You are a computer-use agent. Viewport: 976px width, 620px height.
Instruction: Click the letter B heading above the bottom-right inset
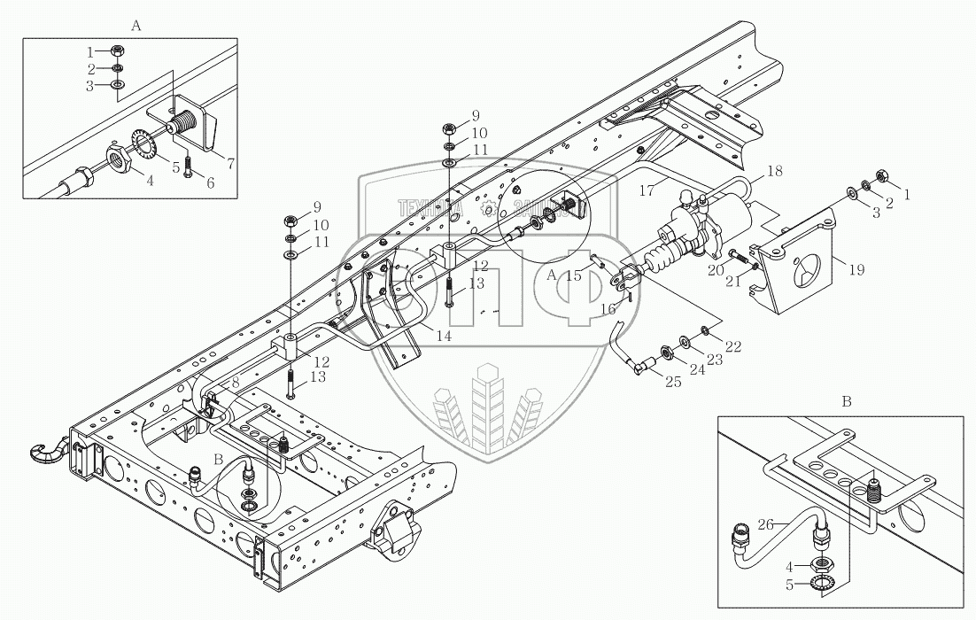coord(846,401)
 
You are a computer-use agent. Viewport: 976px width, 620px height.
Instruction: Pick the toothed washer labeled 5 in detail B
coord(826,583)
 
